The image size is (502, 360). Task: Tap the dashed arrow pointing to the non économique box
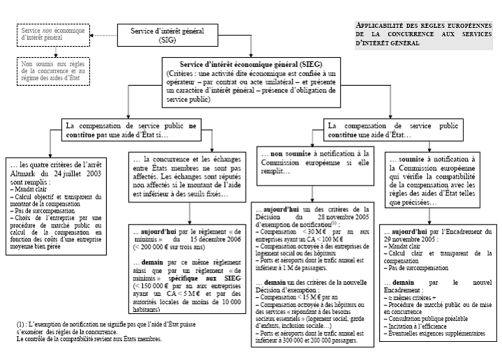(103, 36)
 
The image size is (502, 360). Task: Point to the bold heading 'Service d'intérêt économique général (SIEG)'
(250, 63)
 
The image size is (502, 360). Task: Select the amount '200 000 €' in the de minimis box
(155, 248)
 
